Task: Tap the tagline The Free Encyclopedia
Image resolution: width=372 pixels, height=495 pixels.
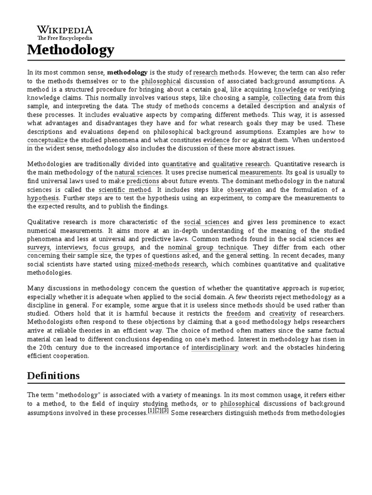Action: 64,38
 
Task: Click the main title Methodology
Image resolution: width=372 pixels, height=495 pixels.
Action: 71,49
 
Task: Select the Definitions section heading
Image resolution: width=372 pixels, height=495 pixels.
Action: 53,376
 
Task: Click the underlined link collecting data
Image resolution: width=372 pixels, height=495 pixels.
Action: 294,98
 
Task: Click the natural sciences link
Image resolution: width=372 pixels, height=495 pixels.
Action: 138,173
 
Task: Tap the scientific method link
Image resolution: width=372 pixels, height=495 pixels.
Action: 125,189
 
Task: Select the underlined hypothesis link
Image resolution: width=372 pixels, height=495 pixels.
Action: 43,198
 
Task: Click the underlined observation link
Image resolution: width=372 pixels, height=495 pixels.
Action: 244,189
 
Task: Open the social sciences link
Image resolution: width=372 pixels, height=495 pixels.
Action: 207,222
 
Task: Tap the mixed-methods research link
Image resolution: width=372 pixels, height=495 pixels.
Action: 170,264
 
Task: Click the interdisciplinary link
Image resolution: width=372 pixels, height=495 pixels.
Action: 215,347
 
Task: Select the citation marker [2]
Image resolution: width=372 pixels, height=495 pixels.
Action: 158,411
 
